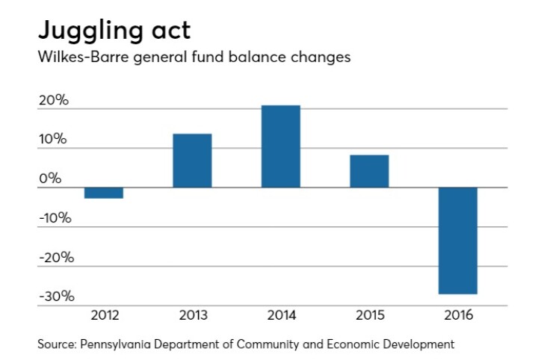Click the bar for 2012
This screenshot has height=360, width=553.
pyautogui.click(x=103, y=193)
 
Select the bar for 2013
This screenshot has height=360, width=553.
pyautogui.click(x=192, y=161)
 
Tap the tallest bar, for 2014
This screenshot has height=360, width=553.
pyautogui.click(x=281, y=146)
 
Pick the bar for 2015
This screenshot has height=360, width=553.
pyautogui.click(x=369, y=171)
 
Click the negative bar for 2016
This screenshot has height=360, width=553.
pyautogui.click(x=457, y=240)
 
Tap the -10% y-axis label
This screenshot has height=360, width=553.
pyautogui.click(x=54, y=218)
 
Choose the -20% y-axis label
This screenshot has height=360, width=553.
pyautogui.click(x=54, y=258)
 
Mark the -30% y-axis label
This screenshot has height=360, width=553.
pyautogui.click(x=54, y=297)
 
